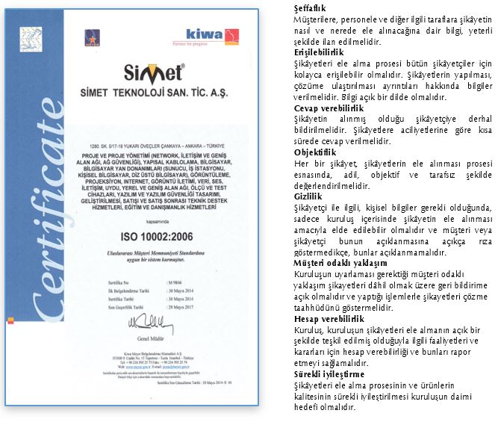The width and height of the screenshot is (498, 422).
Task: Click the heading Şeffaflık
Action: pyautogui.click(x=311, y=7)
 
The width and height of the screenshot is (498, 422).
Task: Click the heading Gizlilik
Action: pyautogui.click(x=307, y=196)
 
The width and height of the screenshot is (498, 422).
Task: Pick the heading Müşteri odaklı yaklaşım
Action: pyautogui.click(x=340, y=262)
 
